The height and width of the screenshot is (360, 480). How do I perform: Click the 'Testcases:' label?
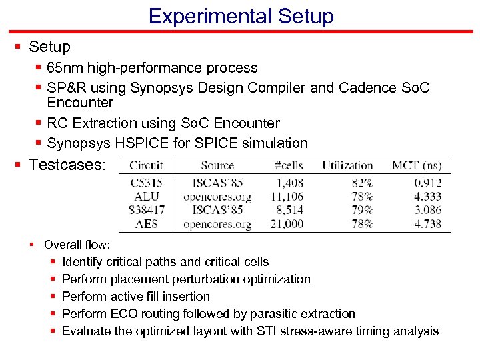67,164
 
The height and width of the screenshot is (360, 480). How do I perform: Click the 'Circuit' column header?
147,165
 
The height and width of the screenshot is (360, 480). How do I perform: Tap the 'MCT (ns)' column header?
417,165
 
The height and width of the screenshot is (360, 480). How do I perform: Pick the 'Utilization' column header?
347,165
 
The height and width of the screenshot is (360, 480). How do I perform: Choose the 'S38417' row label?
147,210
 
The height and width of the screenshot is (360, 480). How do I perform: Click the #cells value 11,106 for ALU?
287,197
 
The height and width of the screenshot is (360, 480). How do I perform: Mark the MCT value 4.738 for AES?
427,224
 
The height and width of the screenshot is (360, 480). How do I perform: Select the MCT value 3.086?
427,210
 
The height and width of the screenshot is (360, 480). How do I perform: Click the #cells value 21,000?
287,224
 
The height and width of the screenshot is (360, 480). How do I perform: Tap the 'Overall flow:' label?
77,245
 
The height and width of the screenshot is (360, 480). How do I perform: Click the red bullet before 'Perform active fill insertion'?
53,297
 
